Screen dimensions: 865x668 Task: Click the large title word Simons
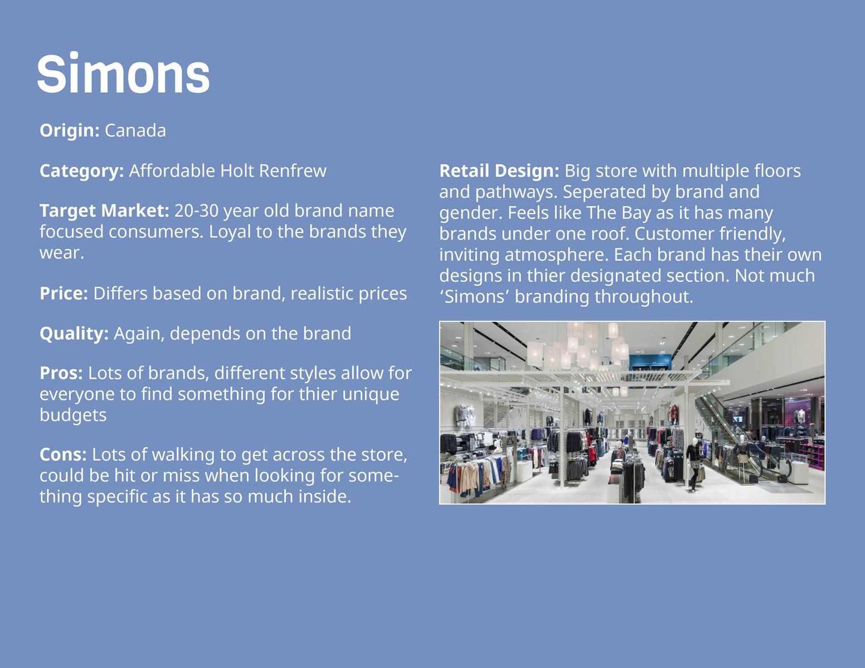[123, 74]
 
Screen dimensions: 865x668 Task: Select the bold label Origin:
[69, 130]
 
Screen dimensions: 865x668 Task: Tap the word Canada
[135, 130]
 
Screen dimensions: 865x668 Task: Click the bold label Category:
[81, 171]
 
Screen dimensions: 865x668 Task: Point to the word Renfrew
[293, 170]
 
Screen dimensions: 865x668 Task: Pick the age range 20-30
[196, 211]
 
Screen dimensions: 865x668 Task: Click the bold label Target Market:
[104, 211]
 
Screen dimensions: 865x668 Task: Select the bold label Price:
[64, 294]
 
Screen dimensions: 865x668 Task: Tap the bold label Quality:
[74, 333]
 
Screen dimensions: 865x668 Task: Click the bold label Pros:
[61, 373]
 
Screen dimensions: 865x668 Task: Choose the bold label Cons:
[63, 455]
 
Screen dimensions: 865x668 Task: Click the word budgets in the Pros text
[73, 415]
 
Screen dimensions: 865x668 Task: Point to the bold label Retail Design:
[499, 171]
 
